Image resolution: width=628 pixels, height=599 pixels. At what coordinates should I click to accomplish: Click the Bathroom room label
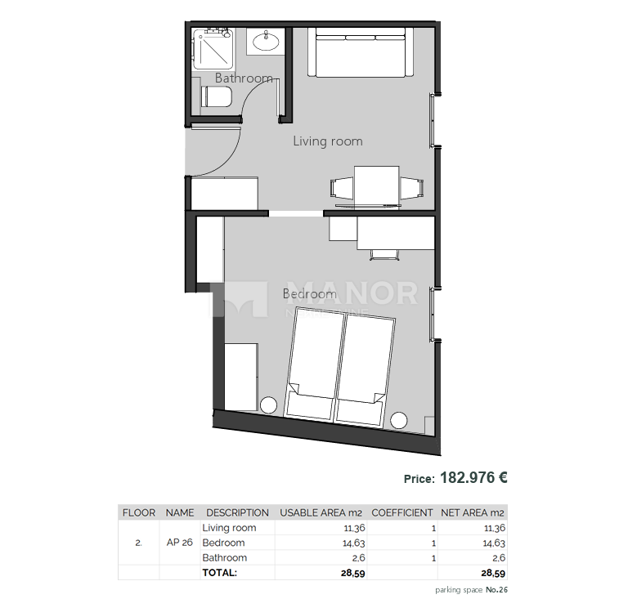point(244,78)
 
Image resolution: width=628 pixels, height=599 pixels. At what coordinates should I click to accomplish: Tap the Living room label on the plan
point(327,141)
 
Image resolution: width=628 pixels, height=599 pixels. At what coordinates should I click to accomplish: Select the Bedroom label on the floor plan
point(309,293)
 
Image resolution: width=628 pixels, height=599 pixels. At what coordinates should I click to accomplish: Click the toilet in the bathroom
point(218,99)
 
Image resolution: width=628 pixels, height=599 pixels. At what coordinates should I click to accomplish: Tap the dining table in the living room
point(377,185)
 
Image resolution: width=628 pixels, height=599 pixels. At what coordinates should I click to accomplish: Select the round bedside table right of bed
point(399,420)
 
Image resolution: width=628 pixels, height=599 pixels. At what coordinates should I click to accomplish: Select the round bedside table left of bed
point(267,405)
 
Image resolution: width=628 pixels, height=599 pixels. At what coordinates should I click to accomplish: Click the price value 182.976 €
point(473,478)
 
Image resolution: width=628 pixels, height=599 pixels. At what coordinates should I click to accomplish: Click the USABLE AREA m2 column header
point(321,513)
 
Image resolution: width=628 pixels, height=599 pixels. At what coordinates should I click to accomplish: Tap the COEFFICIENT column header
point(401,513)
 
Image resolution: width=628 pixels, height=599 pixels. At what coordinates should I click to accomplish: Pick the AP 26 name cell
point(180,543)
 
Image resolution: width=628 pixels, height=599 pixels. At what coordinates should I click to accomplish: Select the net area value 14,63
point(495,543)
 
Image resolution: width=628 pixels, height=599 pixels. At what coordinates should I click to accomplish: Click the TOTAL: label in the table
point(219,573)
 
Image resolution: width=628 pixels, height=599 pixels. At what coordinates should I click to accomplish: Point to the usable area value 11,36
point(354,528)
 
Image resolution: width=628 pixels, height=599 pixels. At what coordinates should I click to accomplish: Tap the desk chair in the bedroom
point(384,254)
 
